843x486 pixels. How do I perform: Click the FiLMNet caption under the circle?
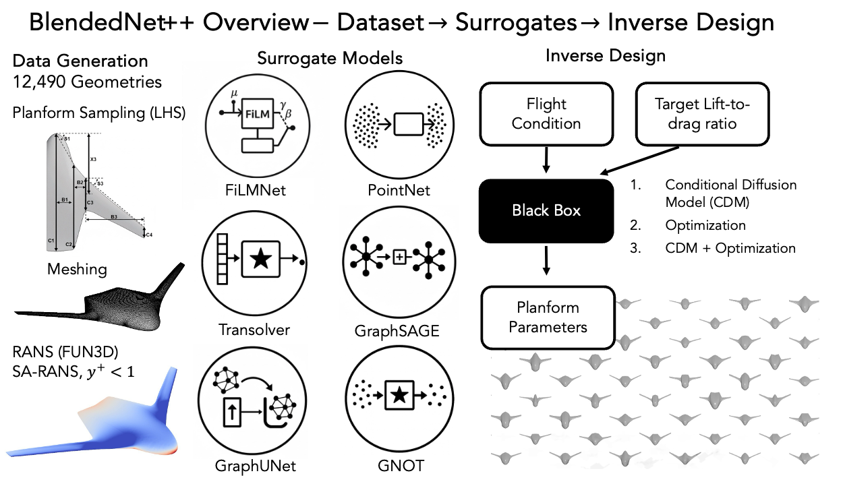pyautogui.click(x=256, y=191)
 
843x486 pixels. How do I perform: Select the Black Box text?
pyautogui.click(x=546, y=210)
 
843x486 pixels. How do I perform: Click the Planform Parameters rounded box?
pyautogui.click(x=548, y=317)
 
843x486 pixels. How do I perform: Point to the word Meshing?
pyautogui.click(x=77, y=270)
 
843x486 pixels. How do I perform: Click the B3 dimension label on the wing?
pyautogui.click(x=114, y=217)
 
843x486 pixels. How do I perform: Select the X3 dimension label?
pyautogui.click(x=94, y=160)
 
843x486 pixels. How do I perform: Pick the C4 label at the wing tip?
pyautogui.click(x=149, y=235)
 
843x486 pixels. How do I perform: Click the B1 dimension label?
pyautogui.click(x=64, y=200)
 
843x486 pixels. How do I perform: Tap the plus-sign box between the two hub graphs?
pyautogui.click(x=399, y=257)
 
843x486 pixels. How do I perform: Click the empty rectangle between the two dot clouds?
pyautogui.click(x=409, y=125)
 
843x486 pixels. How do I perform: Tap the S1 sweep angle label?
pyautogui.click(x=67, y=138)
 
